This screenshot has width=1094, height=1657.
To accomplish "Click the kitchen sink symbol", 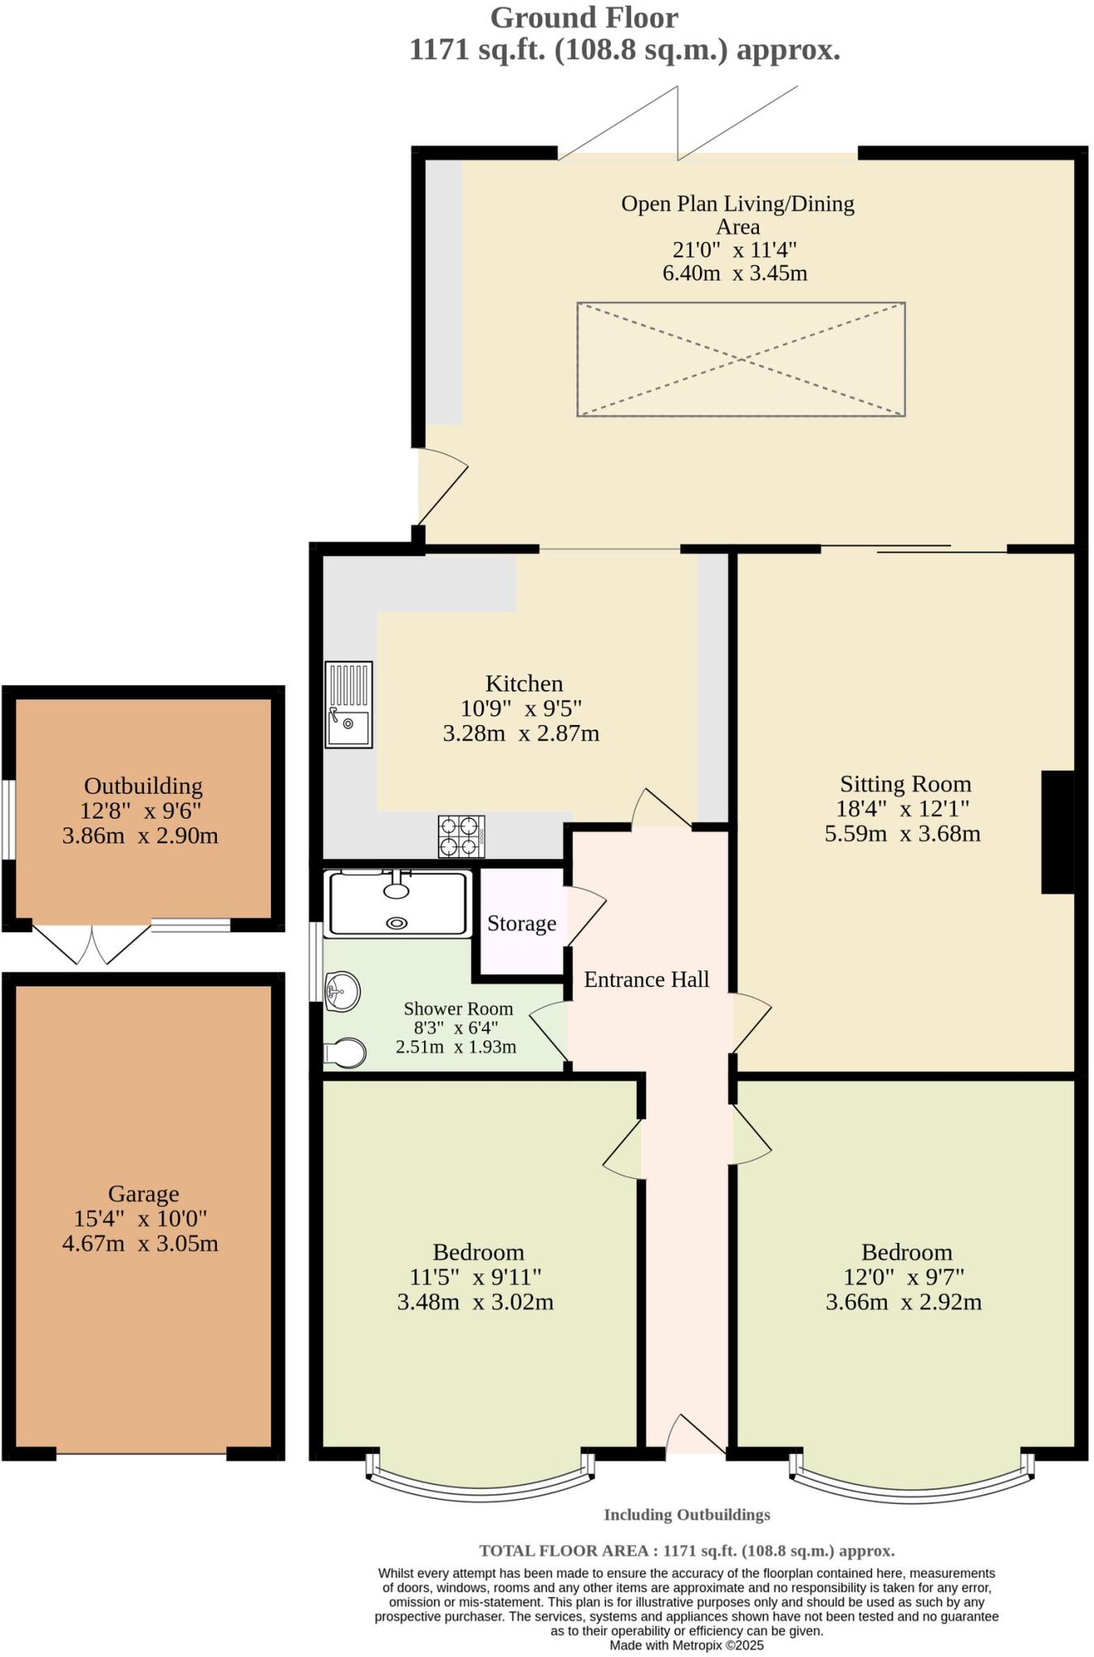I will point(349,704).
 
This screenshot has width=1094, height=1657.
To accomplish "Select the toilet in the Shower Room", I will point(346,1053).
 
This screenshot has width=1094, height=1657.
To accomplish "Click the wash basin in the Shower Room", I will point(342,991).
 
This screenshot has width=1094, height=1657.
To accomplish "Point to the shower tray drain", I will point(397,922).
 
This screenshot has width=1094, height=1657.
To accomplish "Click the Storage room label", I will point(521,923).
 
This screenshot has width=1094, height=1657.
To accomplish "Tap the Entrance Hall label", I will point(647,979).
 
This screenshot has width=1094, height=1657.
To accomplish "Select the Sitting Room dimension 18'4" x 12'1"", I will point(902,807).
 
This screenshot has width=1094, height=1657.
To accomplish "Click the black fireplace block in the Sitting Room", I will point(1057,832).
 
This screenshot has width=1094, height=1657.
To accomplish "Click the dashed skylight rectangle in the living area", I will point(740,359).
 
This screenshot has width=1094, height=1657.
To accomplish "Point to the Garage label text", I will point(143,1193).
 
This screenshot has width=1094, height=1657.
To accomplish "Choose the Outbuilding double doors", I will point(91,943).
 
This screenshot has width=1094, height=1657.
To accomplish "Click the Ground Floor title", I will point(583,17).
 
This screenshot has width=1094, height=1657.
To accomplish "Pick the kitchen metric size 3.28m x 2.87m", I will point(521,733).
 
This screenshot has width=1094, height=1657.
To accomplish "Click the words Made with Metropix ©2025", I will point(686,1645).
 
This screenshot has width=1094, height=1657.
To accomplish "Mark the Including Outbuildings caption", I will point(686,1515).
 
